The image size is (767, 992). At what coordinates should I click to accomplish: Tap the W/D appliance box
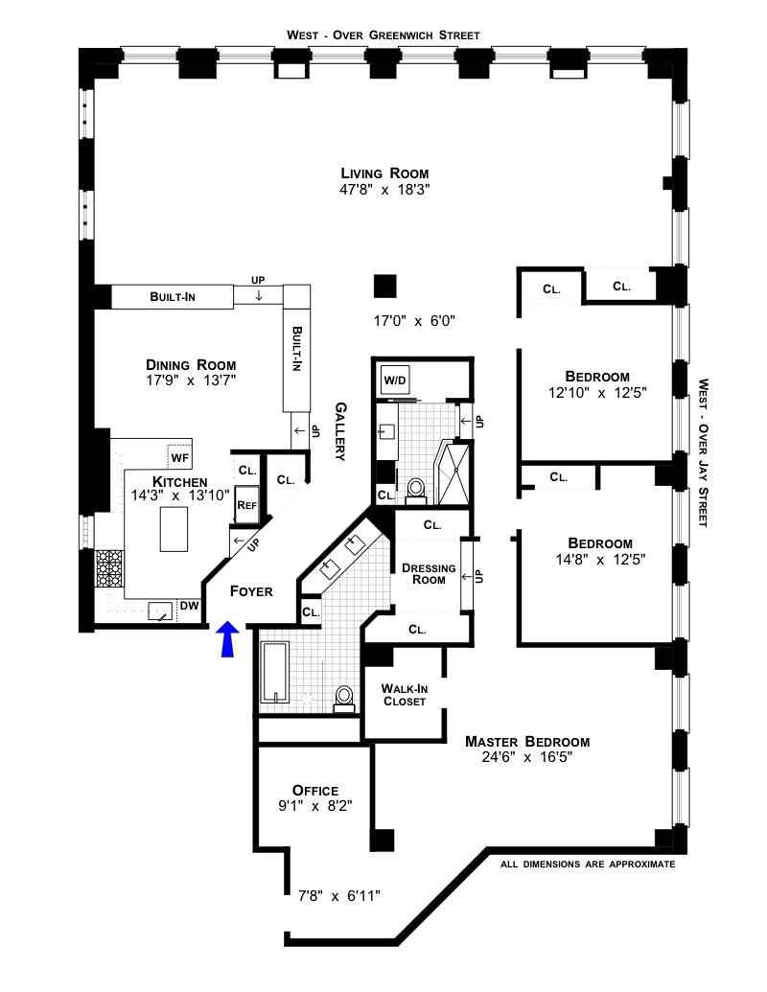coord(395,381)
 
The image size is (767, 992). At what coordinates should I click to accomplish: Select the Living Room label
coord(384,173)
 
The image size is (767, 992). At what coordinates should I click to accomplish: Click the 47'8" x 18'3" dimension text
coord(384,189)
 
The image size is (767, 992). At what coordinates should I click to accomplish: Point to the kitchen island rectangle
coord(174,529)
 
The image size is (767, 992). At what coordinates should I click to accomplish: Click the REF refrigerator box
coord(246,504)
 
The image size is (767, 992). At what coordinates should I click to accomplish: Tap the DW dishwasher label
coord(189,606)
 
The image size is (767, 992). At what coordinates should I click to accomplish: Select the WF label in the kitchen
coord(179,457)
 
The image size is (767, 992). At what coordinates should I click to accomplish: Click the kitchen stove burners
coord(109,568)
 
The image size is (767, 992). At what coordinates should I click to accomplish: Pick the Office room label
coord(315,790)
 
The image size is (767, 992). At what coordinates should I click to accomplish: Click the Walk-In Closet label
coord(405,695)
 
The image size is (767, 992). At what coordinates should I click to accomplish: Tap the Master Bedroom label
coord(527,742)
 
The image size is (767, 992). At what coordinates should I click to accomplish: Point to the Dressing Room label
coord(429,574)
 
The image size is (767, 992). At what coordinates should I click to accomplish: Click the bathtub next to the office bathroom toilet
coord(275,673)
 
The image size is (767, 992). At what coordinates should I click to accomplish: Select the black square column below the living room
coord(384,286)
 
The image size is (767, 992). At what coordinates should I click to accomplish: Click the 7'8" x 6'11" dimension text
coord(339,896)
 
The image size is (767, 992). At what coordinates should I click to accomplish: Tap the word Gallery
coord(340,431)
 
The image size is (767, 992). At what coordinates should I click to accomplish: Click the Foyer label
coord(251,591)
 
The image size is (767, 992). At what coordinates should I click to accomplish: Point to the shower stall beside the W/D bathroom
coord(453,473)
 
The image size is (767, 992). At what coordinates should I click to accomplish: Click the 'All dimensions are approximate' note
coord(588,865)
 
